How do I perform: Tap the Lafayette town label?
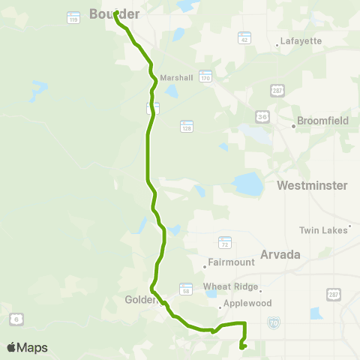(299, 41)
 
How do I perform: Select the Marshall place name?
(177, 77)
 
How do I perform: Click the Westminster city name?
(312, 184)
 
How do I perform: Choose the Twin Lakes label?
(324, 229)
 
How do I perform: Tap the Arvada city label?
(280, 254)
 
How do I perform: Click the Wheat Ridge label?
(230, 286)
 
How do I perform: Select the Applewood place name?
(242, 306)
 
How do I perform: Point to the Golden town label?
(138, 299)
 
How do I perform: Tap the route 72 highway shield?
(226, 242)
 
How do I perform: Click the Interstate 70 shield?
(274, 322)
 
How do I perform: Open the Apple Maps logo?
(27, 347)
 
